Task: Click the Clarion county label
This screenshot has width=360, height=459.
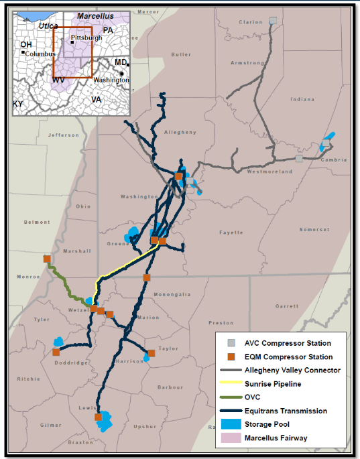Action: coord(250,22)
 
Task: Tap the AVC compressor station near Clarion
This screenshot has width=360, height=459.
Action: coord(273,21)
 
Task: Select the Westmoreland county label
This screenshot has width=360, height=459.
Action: coord(271,172)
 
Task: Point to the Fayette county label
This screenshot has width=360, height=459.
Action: coord(231,233)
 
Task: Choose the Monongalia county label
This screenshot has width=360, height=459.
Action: coord(172,294)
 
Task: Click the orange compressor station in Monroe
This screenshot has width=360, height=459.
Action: coord(47,259)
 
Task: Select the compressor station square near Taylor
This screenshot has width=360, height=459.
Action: coord(152,352)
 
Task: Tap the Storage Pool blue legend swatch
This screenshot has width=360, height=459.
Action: coord(229,424)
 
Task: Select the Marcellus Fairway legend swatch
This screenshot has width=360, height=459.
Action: coord(229,438)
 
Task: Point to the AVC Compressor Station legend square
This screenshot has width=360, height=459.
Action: coord(229,343)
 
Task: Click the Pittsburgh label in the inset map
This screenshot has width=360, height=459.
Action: coord(86,38)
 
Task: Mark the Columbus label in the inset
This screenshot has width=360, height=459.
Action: coord(40,54)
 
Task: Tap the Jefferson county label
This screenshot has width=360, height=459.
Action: coord(64,135)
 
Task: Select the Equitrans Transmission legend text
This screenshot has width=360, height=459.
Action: coord(286,411)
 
